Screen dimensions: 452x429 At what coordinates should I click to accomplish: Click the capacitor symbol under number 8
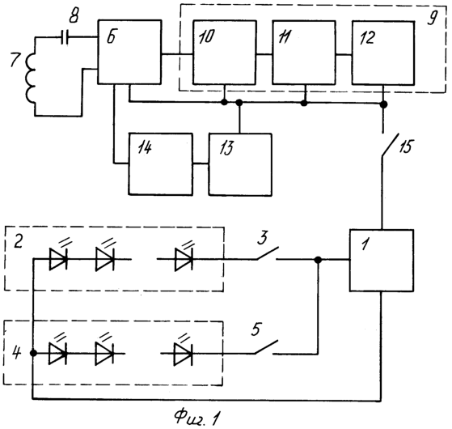coord(65,37)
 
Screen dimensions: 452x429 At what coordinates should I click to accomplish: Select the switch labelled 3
coord(267,253)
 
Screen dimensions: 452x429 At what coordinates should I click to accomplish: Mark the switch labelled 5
coord(266,347)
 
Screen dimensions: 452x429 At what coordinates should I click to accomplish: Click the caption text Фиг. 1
coord(197,418)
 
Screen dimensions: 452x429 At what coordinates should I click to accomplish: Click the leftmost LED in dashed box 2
coord(58,259)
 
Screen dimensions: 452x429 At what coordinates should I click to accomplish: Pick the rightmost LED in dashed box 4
coord(183,354)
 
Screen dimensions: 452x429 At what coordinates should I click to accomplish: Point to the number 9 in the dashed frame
coord(432,18)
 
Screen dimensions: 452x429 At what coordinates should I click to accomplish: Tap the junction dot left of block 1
coord(318,260)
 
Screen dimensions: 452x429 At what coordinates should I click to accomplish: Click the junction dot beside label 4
coord(33,353)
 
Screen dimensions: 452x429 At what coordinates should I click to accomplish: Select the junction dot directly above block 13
coord(239,102)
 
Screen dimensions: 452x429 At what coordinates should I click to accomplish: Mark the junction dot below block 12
coord(383,104)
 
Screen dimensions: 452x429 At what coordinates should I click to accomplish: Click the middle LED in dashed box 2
coord(105,259)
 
